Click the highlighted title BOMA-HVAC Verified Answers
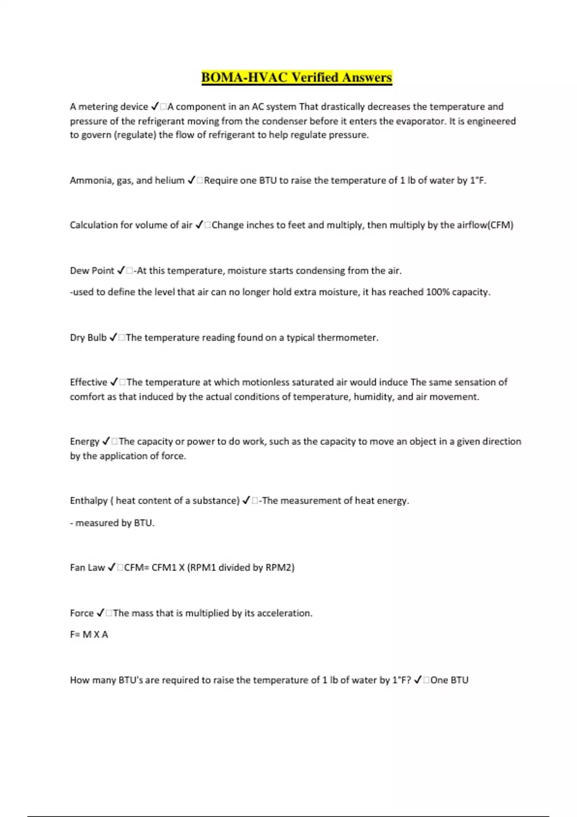297,77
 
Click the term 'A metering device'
109,107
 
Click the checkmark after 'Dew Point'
121,271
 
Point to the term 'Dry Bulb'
88,338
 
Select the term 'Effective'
88,383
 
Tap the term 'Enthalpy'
89,501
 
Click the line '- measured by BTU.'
112,523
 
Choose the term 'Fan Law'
87,568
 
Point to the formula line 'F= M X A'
89,634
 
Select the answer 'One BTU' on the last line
449,680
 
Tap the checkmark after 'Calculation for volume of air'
200,225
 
